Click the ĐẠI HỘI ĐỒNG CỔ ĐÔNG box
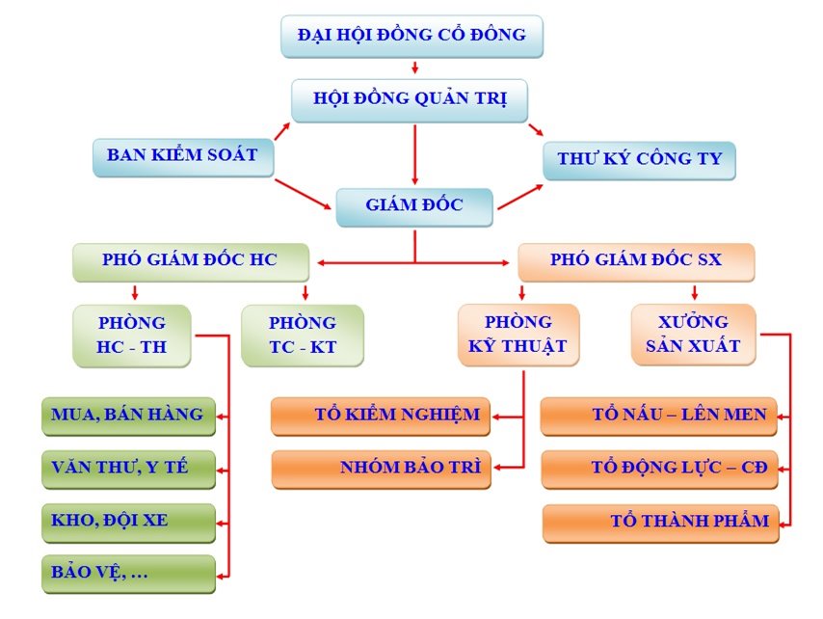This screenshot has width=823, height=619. point(411,36)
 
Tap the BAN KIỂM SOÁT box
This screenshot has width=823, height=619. point(182,155)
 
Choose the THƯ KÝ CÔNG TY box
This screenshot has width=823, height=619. point(639,160)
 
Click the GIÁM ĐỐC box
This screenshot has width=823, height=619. point(414,205)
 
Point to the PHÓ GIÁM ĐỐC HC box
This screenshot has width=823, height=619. point(190,260)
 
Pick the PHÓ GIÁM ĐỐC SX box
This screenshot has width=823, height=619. point(635,260)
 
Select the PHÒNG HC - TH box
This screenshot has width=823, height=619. point(132,335)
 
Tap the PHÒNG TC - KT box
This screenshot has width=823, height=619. point(303,335)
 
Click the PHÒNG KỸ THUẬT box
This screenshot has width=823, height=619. point(518,334)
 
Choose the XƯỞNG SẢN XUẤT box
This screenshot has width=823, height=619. point(694,334)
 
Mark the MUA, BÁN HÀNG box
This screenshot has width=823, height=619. point(128,416)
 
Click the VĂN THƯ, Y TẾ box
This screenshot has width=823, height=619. point(128,469)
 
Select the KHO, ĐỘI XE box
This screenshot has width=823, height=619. point(128,521)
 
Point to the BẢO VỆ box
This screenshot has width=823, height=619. point(128,573)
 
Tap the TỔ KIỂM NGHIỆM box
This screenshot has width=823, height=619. point(382,416)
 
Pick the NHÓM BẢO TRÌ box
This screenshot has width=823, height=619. point(382,468)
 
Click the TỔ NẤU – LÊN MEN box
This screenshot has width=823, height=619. point(659,416)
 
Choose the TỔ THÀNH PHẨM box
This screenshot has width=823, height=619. point(660,522)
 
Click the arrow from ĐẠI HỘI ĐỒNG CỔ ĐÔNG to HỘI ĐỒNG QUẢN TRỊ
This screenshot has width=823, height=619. point(414,67)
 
